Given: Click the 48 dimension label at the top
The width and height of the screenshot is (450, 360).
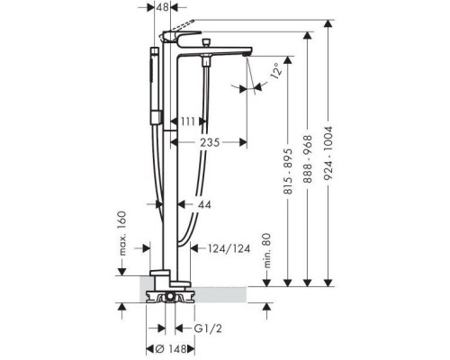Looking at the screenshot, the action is tap(162, 7).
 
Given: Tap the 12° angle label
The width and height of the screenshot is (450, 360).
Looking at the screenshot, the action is tap(276, 70).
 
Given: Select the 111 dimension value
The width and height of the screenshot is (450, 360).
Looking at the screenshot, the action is tap(188, 121).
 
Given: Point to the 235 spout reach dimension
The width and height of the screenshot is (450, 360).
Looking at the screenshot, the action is tap(210, 142).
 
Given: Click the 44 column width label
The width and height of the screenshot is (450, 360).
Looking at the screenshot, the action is tap(204, 205).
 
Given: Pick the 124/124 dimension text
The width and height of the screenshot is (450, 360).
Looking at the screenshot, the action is tap(229, 248).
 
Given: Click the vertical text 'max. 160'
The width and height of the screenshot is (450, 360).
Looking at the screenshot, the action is tap(122, 233).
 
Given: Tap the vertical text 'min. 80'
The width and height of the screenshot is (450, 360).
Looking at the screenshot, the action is tap(266, 251).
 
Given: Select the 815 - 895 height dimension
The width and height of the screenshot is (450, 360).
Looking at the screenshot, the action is tap(288, 171).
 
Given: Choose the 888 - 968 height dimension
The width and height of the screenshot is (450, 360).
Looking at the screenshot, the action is tap(308, 159).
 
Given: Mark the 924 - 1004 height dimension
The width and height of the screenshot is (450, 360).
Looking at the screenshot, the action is tap(329, 153).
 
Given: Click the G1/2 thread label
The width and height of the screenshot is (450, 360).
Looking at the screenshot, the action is tap(208, 328).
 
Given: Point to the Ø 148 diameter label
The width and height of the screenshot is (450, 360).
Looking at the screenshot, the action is tap(171, 349).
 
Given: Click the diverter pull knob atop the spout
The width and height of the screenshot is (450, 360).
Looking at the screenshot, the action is tap(206, 42).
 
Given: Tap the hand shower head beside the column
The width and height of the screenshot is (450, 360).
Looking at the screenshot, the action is tap(155, 85).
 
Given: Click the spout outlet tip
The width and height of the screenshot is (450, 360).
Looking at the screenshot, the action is tap(246, 54).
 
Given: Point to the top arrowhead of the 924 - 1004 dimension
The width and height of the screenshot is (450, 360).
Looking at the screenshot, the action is tap(329, 24).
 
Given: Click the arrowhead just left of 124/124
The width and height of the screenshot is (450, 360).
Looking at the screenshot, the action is tap(194, 248).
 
